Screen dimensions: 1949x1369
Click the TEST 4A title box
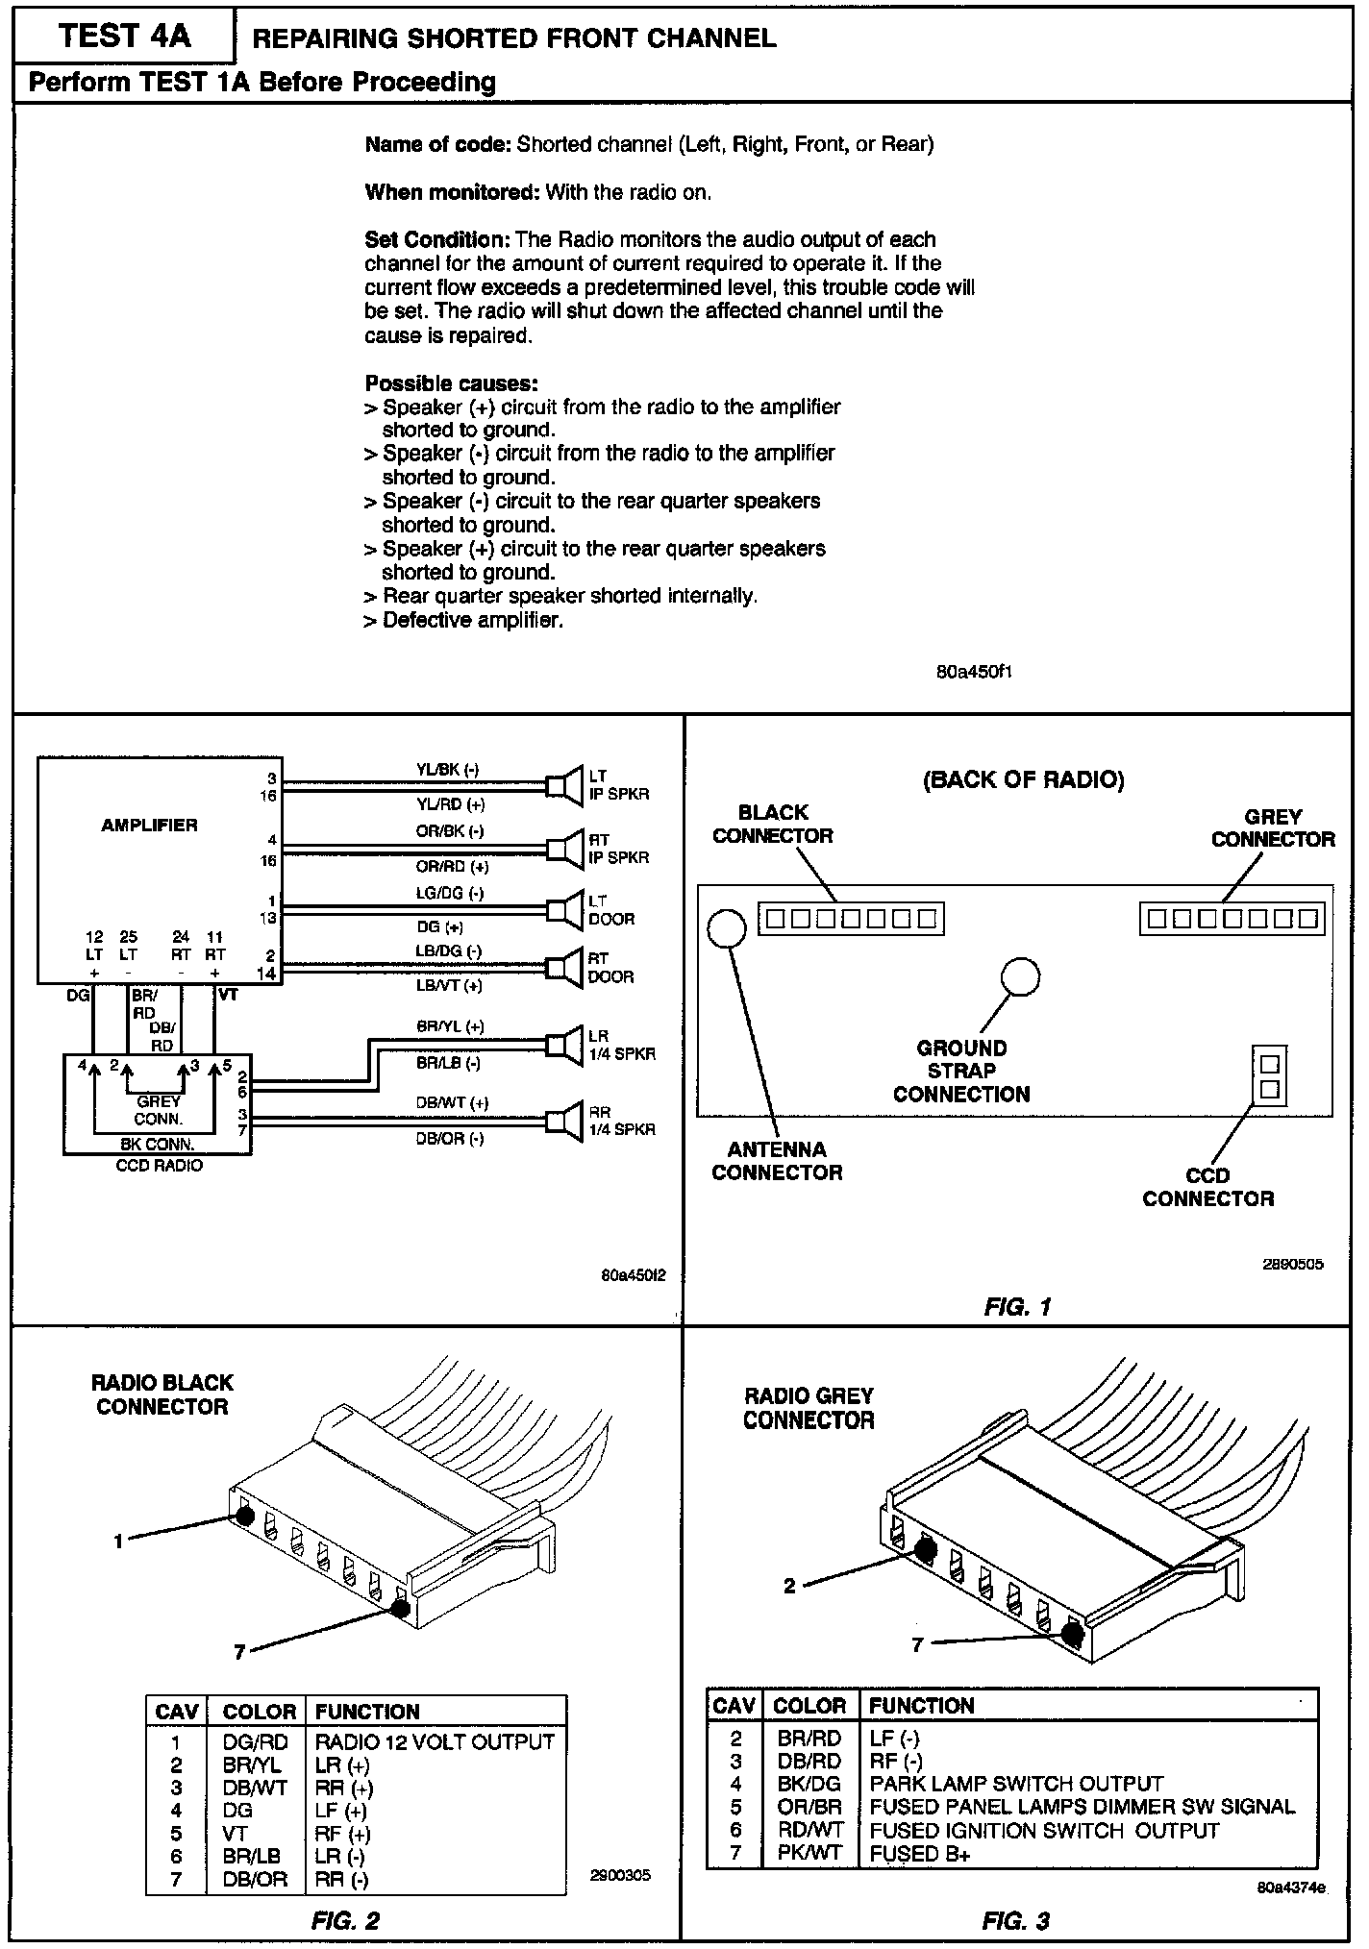(124, 37)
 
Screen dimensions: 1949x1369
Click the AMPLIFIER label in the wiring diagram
(149, 825)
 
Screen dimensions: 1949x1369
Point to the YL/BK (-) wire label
(447, 769)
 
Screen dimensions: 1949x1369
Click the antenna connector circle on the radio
(727, 927)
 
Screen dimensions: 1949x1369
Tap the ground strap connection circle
(1020, 976)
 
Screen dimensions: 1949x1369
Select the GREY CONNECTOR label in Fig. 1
(1273, 827)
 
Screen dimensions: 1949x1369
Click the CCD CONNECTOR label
(1207, 1187)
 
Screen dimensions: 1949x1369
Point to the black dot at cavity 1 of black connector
(244, 1516)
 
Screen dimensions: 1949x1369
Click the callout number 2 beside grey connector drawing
(789, 1586)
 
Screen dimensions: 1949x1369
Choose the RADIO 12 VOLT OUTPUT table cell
(435, 1741)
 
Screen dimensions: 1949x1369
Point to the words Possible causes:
(451, 383)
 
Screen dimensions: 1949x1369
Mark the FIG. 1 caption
(1017, 1306)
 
